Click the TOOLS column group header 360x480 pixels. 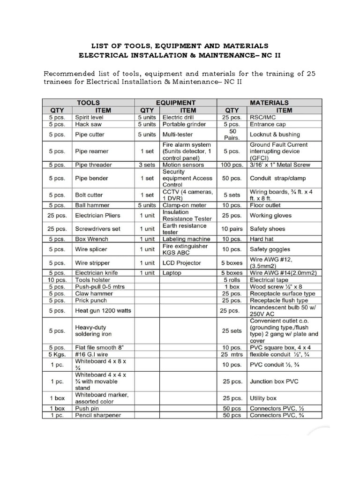(x=88, y=102)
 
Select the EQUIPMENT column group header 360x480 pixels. (x=176, y=102)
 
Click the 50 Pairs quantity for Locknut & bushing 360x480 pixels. (x=232, y=135)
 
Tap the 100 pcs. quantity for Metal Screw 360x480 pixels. (x=232, y=165)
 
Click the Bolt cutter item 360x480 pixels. (x=89, y=195)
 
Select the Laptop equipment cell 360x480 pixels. (x=172, y=273)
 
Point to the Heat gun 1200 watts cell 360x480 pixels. (x=103, y=310)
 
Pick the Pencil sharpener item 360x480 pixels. (x=98, y=415)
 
